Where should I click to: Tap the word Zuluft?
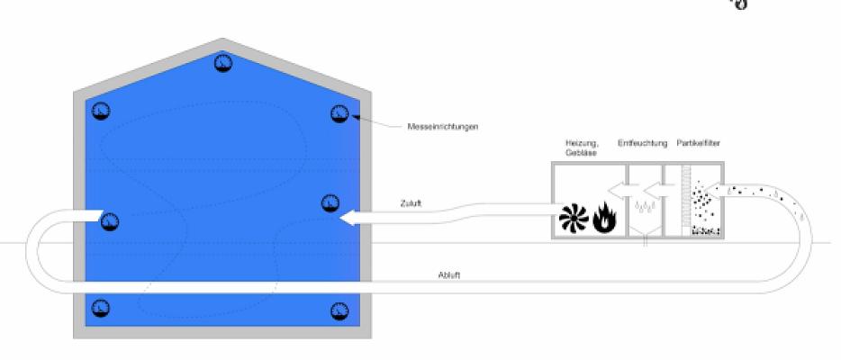point(411,203)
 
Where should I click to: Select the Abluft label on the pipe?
point(450,275)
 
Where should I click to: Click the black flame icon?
point(603,219)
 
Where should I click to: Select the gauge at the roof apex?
point(222,63)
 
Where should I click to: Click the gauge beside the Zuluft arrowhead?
point(330,202)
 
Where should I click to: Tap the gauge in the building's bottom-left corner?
point(100,308)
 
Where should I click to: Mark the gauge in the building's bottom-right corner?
point(339,310)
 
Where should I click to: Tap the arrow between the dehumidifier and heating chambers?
point(621,190)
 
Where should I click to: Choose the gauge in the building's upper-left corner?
point(100,112)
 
